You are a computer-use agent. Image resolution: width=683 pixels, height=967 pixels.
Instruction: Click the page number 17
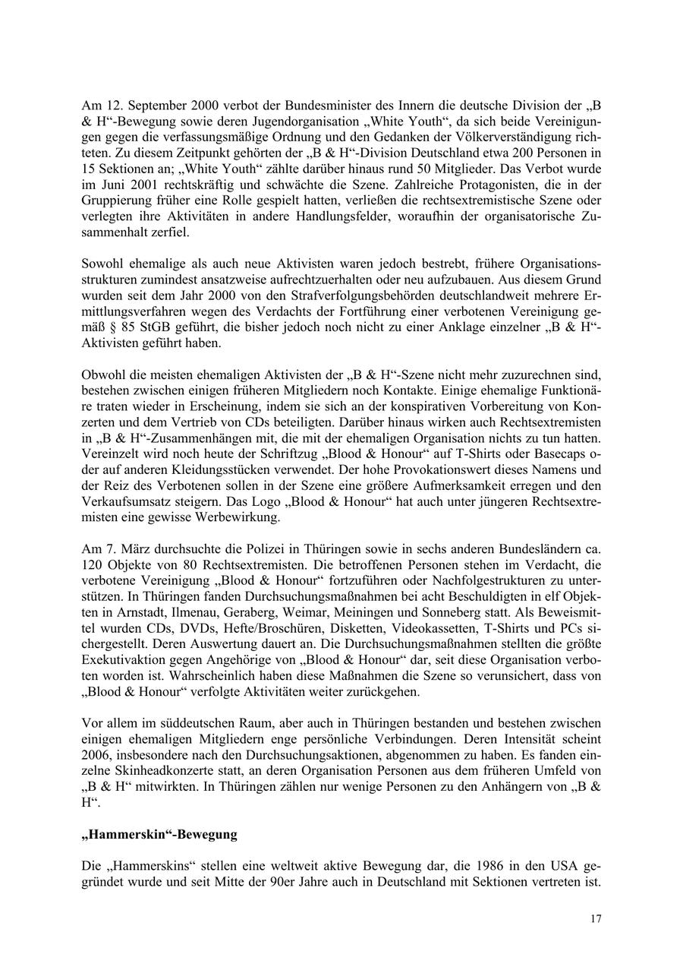[596, 919]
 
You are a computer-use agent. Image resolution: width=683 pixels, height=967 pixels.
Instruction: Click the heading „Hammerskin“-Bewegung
[159, 834]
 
